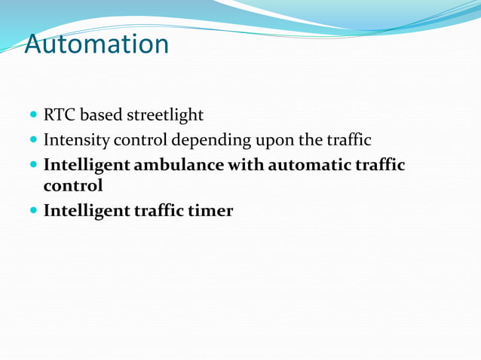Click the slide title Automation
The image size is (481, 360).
97,44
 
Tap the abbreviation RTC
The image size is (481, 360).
60,115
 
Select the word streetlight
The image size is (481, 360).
165,115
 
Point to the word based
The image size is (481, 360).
102,115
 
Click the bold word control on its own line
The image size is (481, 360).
73,185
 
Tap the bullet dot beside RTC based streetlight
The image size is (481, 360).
33,116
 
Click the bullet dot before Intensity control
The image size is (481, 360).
33,141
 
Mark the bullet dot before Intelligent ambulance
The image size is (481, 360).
33,165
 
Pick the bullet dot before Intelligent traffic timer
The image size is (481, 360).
33,212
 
